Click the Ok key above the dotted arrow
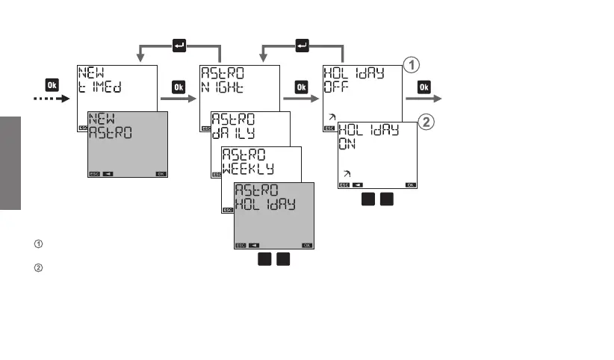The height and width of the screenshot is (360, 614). tap(52, 85)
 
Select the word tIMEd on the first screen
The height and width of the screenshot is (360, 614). tap(101, 87)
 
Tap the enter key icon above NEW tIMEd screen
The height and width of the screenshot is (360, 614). tap(179, 46)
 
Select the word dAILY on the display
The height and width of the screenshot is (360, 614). tap(235, 133)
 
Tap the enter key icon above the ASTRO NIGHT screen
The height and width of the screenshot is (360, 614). tap(303, 46)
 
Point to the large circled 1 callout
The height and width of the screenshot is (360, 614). tap(410, 66)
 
